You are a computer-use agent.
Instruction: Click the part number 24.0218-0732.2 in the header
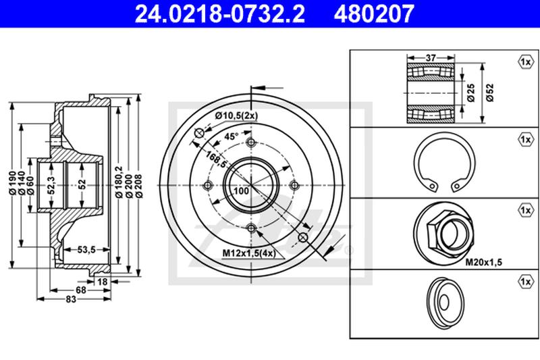[220, 14]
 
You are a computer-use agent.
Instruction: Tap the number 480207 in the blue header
[374, 14]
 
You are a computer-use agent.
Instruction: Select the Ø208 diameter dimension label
[139, 186]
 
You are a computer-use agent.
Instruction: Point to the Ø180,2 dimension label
[119, 182]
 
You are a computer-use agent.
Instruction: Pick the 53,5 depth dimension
[86, 249]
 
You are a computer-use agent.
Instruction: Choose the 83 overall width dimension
[71, 299]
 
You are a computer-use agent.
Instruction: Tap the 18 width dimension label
[103, 282]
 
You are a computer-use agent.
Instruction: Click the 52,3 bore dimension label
[52, 185]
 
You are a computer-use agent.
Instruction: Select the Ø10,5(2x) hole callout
[237, 115]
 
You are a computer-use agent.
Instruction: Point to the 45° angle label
[232, 136]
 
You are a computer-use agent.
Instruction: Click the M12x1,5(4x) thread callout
[249, 253]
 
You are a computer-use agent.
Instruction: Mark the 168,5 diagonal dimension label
[216, 159]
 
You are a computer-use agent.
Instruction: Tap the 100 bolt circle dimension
[241, 190]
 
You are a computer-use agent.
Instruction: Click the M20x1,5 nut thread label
[484, 263]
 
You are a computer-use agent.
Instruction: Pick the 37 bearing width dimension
[431, 58]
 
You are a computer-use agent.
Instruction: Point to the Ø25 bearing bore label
[471, 93]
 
